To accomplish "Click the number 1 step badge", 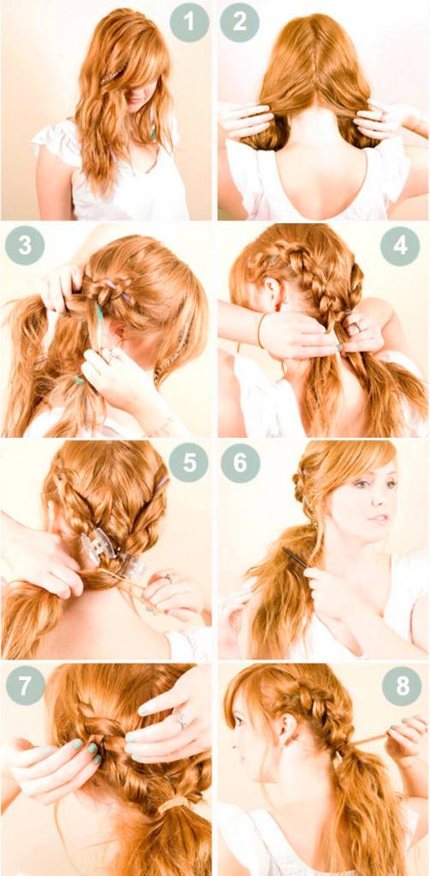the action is (189, 22).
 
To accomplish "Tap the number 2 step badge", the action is (239, 22).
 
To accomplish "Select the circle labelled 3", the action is (25, 246).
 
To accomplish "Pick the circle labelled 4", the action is (400, 246).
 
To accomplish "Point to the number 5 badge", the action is (189, 463).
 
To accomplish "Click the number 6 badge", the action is (240, 463).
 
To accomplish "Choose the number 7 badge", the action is (25, 685).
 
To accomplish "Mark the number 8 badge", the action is (402, 685).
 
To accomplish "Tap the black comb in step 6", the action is (294, 558).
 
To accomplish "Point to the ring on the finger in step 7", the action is (182, 719).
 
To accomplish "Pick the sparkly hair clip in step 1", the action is (114, 74).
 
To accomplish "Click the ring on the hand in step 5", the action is (167, 578).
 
